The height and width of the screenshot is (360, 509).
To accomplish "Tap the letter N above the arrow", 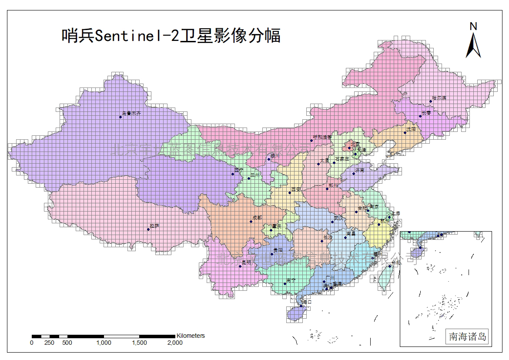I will pos(473,26).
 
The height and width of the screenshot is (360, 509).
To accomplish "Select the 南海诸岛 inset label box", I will pos(468,336).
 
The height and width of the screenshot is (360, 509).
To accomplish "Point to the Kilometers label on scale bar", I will pos(190,336).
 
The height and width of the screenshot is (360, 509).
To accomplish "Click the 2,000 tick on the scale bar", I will pos(175,343).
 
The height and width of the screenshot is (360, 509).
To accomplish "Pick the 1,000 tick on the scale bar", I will pos(104,343).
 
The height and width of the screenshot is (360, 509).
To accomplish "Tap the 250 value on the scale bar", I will pos(49,343).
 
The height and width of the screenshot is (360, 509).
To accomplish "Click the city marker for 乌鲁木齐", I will pos(121,117).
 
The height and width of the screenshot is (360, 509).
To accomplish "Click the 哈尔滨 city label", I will pos(439,98).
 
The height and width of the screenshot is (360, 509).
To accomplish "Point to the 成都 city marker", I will pos(251,222).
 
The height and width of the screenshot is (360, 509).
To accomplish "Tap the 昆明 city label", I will pos(246,262).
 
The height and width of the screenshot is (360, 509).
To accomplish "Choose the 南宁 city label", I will pos(291,281).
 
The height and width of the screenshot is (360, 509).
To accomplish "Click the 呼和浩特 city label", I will pos(322,137).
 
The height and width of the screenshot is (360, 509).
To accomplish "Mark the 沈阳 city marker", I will pos(405,133).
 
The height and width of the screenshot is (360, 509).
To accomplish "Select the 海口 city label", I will pos(307,302).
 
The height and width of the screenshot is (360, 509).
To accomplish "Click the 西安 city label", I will pos(296,189).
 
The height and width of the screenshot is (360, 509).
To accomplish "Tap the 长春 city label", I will pos(426,112).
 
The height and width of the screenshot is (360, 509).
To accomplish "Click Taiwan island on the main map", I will pos(384,277).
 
